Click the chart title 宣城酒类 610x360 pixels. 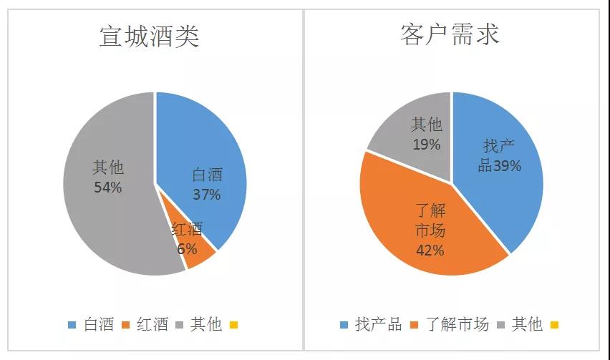(149, 36)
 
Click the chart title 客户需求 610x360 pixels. (449, 34)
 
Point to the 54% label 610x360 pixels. (107, 188)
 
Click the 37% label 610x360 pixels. (206, 194)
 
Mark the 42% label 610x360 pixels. (430, 250)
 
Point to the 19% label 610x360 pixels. (426, 145)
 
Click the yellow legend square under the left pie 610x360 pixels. (233, 326)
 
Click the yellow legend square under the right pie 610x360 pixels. (553, 326)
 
